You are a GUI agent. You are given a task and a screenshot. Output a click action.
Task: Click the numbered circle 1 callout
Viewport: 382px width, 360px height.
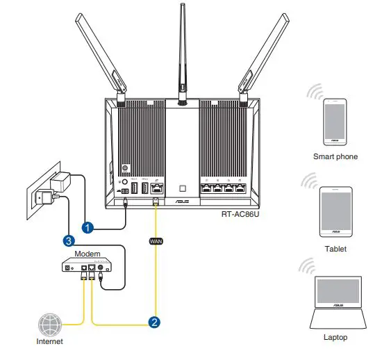tap(88, 226)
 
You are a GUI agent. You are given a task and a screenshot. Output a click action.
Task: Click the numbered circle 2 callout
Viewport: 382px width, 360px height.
tap(155, 322)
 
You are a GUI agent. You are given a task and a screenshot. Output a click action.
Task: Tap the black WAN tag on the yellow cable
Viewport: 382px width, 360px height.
tap(155, 241)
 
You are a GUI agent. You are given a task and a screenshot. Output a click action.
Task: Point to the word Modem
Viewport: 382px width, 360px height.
tap(88, 254)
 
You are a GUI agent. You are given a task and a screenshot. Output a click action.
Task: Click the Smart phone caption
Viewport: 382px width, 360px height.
tap(335, 157)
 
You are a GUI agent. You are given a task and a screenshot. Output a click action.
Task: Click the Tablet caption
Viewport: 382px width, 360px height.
tap(335, 249)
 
